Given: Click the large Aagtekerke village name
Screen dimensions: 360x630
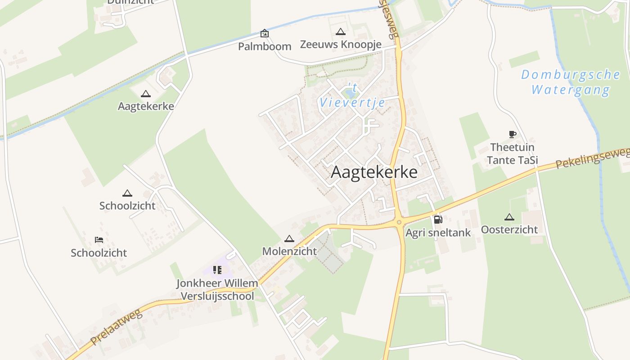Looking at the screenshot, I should tap(374, 172).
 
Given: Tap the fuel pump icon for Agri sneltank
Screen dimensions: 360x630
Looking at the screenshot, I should tap(438, 220).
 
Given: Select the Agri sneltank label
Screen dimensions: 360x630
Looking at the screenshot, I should tap(438, 233).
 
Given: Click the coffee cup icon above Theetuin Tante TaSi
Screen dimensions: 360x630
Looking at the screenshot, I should tap(512, 134).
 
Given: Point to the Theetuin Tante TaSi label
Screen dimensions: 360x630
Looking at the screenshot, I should tap(512, 153).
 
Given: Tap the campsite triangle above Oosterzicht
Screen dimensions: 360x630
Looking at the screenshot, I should tap(509, 217).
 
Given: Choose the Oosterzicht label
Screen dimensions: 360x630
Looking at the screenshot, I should tap(509, 229).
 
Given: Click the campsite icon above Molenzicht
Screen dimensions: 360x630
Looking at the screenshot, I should tap(289, 238).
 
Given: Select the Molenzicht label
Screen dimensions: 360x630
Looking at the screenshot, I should tap(289, 251).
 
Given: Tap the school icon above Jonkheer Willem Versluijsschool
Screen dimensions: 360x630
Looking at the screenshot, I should tap(217, 270).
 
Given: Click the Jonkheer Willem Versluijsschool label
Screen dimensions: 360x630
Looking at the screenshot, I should tap(217, 290).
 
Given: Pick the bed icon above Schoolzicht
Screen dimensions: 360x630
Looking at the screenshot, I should tap(99, 240).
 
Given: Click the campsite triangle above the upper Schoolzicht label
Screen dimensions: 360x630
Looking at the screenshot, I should tap(127, 193).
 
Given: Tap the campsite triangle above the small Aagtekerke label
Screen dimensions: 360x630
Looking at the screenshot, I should tap(145, 94).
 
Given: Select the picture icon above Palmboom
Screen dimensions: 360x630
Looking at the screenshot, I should tap(265, 33).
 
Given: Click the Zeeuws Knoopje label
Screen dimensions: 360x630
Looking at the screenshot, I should tap(341, 45).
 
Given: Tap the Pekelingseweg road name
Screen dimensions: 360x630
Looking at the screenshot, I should tap(592, 158).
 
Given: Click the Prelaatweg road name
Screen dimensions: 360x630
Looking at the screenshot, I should tap(116, 327).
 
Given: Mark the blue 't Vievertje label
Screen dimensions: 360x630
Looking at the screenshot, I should tap(352, 95).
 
